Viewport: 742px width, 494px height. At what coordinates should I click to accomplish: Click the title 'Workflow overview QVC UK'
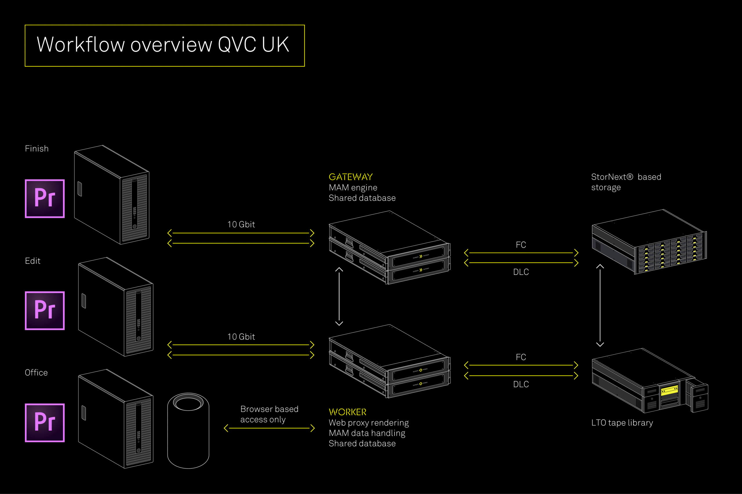163,45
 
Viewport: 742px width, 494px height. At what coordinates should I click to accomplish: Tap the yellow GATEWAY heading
350,177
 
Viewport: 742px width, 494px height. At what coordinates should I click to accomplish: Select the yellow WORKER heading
347,412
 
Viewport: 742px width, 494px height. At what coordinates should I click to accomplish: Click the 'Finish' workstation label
37,149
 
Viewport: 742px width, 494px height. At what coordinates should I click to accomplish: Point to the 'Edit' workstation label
32,261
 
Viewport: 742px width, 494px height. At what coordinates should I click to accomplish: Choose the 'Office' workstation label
36,373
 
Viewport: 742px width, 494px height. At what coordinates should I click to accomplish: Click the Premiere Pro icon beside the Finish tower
45,199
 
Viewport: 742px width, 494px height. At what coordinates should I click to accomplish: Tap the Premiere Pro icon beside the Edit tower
45,311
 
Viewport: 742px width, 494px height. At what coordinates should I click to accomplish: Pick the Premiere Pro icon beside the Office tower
45,423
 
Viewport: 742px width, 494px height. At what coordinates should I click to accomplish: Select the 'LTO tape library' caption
622,423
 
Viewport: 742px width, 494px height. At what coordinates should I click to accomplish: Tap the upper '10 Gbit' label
241,225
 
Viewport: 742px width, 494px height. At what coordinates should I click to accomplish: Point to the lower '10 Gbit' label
241,337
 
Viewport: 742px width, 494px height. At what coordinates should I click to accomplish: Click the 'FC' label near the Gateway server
521,245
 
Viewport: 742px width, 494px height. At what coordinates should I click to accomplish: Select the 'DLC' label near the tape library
521,384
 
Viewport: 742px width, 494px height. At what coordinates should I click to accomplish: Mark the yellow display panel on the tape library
669,390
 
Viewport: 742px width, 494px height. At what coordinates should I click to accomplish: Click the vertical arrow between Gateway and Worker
339,296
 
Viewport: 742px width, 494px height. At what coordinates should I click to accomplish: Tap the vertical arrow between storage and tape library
600,305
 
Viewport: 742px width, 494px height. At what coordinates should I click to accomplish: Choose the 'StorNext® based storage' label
626,182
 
